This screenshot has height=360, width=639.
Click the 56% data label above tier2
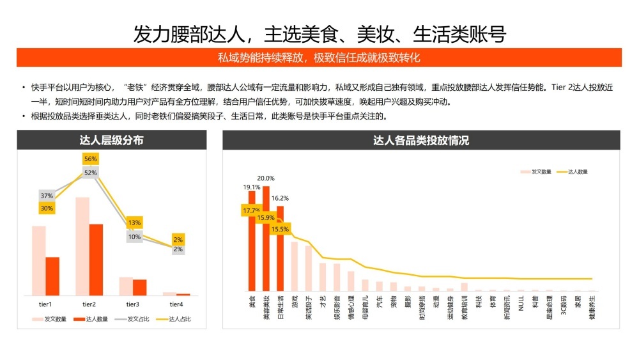coord(90,159)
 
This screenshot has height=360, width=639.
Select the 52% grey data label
coord(90,173)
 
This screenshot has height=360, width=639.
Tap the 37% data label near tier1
coord(47,196)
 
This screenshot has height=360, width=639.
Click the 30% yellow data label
coord(47,208)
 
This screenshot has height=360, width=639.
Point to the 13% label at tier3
coord(134,223)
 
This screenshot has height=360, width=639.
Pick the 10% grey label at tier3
coord(134,237)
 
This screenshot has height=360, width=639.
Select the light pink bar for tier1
coord(39,260)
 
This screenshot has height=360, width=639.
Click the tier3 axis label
coord(133,304)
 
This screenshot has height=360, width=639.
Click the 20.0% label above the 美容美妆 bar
coord(266,178)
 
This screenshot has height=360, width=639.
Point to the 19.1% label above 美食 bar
coord(251,187)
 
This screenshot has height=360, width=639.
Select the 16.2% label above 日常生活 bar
coord(280,198)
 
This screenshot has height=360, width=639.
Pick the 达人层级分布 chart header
coord(112,140)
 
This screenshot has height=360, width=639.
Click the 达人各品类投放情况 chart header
coord(421,140)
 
